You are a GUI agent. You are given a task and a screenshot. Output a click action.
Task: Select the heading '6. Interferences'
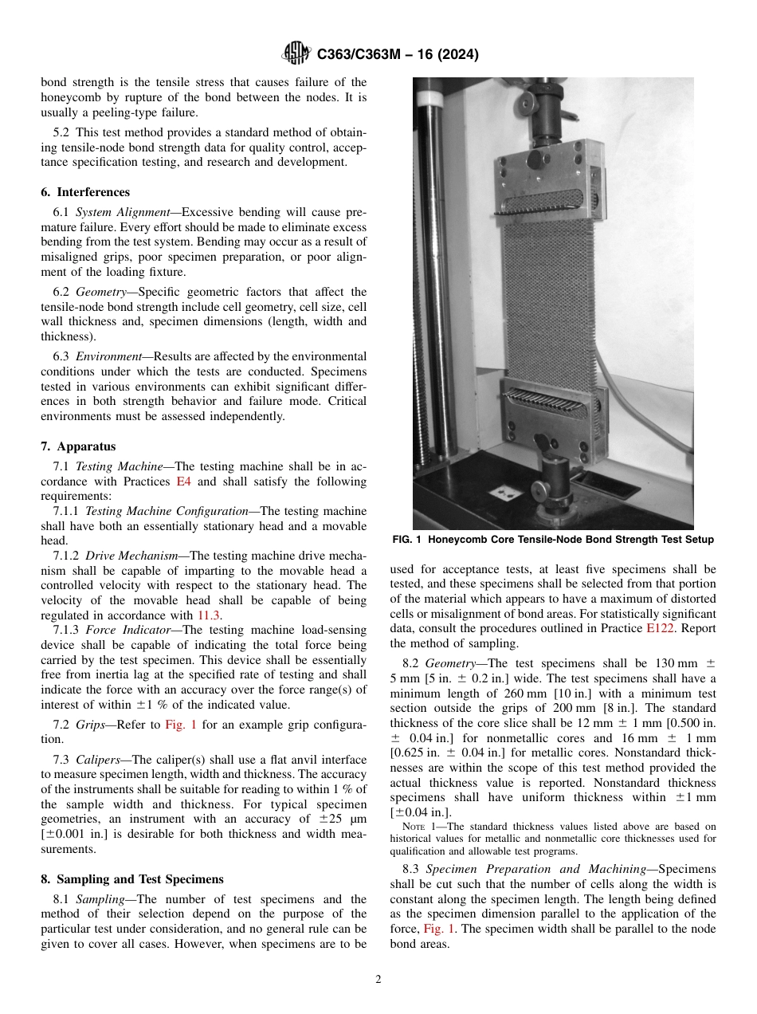(x=85, y=192)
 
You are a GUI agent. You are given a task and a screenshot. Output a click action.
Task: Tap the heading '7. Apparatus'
(x=78, y=446)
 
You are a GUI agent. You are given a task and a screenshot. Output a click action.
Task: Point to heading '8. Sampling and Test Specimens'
(x=132, y=879)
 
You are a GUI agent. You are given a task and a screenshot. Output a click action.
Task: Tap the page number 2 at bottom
(x=378, y=980)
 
